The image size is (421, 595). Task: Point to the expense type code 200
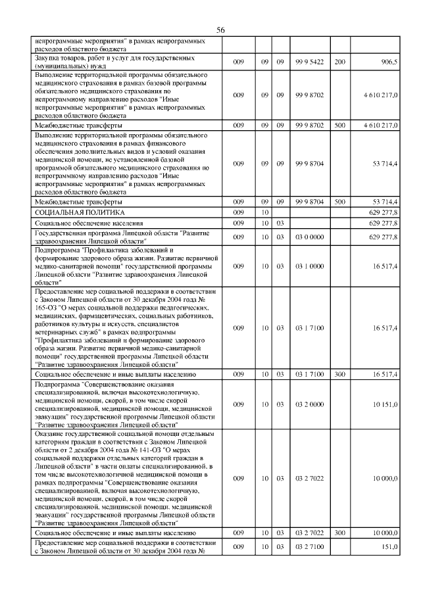pos(339,61)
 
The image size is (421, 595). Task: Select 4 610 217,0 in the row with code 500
pos(380,125)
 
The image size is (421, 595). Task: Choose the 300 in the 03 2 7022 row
pos(339,532)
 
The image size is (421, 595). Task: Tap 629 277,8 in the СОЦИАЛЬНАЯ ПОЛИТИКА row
pos(384,212)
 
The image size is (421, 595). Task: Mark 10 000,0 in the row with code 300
pos(385,532)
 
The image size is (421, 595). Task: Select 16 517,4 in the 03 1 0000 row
pos(385,266)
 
